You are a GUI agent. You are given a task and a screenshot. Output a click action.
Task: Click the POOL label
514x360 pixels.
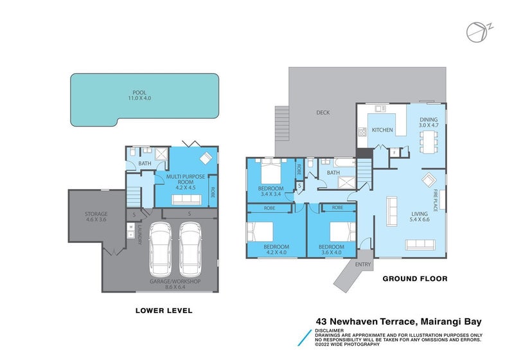pos(139,93)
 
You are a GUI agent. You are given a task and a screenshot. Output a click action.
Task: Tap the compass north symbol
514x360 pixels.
pos(479,32)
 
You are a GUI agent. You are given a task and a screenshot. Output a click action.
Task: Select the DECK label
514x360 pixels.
pos(323,113)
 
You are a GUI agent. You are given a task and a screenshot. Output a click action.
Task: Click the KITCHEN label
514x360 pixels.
pos(382,130)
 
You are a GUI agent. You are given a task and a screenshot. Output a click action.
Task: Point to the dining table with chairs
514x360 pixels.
pos(429,141)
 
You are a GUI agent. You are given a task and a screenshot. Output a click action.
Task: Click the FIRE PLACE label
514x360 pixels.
pos(436,200)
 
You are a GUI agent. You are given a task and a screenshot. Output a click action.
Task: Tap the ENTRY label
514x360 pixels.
pos(363,264)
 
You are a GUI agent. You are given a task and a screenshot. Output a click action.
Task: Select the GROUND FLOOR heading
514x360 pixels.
pos(415,279)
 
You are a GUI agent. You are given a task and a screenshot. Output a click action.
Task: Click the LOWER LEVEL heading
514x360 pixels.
pos(164,310)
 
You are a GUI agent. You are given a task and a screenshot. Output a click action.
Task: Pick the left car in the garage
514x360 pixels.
pos(160,249)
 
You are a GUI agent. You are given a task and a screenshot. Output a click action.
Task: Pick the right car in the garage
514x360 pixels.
pos(190,249)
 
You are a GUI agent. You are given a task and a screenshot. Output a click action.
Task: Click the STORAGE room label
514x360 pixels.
pos(96,214)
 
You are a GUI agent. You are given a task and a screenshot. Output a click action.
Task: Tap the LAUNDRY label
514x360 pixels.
pos(139,234)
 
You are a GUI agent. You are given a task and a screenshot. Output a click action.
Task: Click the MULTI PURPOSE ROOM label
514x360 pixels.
pos(186,179)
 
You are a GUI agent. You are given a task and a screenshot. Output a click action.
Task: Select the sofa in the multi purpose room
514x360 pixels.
pos(186,199)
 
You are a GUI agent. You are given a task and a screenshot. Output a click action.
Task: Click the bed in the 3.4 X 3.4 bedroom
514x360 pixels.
pos(270,171)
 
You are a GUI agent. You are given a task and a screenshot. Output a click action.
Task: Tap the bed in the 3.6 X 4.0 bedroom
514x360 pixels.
pos(343,232)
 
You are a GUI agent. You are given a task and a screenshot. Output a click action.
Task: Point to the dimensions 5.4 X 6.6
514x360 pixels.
pos(420,219)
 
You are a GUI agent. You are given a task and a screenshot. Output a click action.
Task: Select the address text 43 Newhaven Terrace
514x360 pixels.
pos(366,321)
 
